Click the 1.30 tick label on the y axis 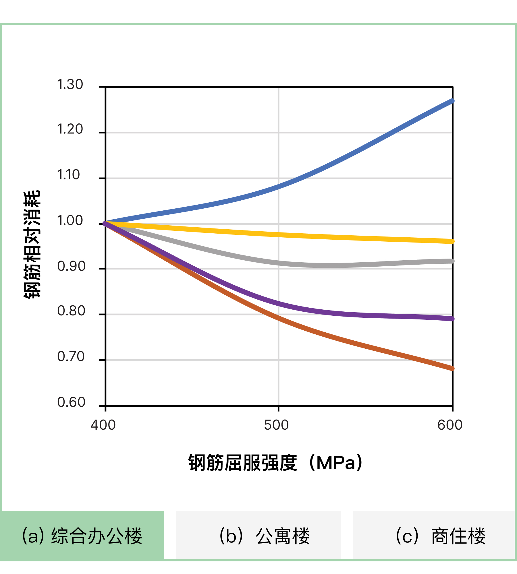tap(70, 84)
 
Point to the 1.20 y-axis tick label tap(70, 129)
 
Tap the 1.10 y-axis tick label tap(68, 175)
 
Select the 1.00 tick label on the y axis tap(70, 221)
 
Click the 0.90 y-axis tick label tap(71, 266)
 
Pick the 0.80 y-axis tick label tap(71, 311)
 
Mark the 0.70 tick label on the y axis tap(71, 357)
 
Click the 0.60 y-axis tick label tap(71, 402)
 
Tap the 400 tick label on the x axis tap(103, 425)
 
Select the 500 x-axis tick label tap(276, 425)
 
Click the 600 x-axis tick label tap(450, 425)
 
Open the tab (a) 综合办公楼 tap(82, 536)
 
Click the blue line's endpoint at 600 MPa tap(452, 101)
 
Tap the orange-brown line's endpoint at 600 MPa tap(452, 369)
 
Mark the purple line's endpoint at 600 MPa tap(452, 319)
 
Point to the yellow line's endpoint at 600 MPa tap(452, 241)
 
